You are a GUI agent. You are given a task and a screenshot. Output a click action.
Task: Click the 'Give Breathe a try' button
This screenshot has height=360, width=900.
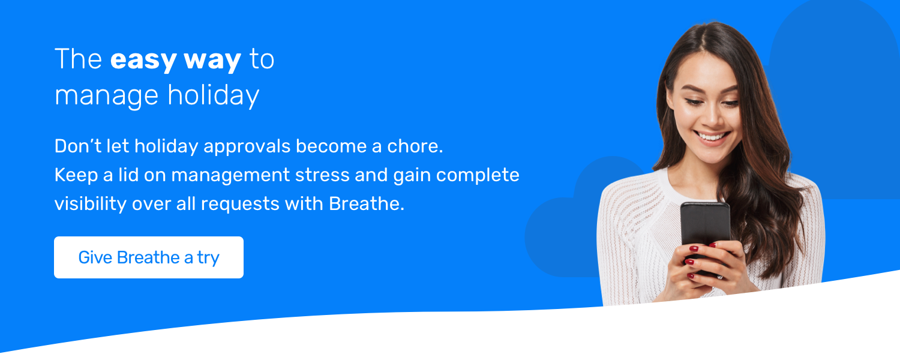pyautogui.click(x=149, y=257)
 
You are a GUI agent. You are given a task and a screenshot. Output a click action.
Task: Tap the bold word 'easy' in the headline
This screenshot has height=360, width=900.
pyautogui.click(x=143, y=61)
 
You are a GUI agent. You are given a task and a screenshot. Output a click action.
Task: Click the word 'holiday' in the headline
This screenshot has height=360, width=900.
pyautogui.click(x=214, y=95)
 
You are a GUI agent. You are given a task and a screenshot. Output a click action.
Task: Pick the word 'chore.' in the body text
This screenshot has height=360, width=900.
pyautogui.click(x=415, y=146)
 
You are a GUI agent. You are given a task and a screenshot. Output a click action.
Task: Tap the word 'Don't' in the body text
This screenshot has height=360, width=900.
pyautogui.click(x=78, y=146)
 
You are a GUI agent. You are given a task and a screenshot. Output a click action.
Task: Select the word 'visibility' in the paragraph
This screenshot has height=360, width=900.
pyautogui.click(x=91, y=204)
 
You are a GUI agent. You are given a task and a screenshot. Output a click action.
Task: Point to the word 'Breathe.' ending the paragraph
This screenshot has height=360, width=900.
pyautogui.click(x=367, y=204)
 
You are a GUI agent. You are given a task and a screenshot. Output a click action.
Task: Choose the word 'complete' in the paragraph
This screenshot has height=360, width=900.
pyautogui.click(x=478, y=176)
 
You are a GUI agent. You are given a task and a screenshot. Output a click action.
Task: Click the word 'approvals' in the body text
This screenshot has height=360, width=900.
pyautogui.click(x=247, y=147)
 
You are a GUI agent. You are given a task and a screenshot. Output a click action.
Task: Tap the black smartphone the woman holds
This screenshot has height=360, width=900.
pyautogui.click(x=706, y=237)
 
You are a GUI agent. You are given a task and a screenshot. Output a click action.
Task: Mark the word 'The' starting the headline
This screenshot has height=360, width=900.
pyautogui.click(x=79, y=59)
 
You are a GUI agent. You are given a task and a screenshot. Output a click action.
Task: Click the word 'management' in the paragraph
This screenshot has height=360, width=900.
pyautogui.click(x=230, y=176)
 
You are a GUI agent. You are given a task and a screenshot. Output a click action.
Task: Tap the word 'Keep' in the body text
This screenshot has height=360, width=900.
pyautogui.click(x=76, y=176)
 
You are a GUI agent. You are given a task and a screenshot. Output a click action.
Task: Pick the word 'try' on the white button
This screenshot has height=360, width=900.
pyautogui.click(x=208, y=259)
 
